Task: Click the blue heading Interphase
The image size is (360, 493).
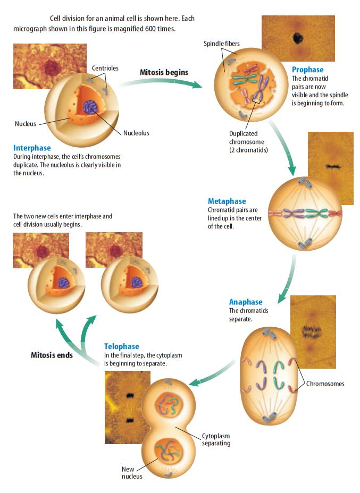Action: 32,148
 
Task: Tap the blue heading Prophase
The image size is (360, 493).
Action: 307,70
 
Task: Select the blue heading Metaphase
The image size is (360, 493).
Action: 227,201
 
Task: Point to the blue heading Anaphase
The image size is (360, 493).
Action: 246,302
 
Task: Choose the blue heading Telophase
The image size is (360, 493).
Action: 121,347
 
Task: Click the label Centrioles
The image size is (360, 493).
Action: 105,69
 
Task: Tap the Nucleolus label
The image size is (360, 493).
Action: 137,133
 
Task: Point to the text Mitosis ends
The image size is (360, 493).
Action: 52,355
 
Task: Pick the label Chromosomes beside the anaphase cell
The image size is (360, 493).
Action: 325,384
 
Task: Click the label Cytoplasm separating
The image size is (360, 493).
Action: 216,439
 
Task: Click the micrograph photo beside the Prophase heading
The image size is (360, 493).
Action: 298,39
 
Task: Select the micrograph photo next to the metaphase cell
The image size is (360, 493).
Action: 331,168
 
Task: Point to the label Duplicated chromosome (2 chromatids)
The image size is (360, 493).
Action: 248,142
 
